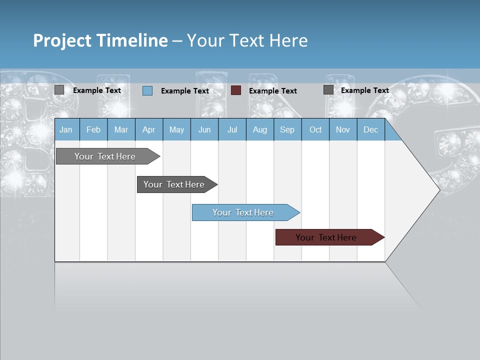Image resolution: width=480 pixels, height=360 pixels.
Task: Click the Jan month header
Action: (x=66, y=129)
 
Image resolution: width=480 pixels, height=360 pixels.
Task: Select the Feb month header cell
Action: (x=93, y=129)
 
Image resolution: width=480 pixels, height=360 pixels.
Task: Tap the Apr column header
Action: (x=149, y=129)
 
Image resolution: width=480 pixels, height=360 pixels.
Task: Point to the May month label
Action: (x=176, y=129)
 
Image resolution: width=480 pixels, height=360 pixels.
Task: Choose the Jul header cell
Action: (x=232, y=129)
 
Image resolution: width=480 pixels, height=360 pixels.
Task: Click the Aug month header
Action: (x=260, y=129)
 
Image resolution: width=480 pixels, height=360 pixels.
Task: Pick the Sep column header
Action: (x=287, y=129)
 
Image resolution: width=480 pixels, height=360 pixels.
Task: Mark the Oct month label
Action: (x=315, y=129)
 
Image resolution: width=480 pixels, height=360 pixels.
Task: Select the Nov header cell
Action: (x=343, y=129)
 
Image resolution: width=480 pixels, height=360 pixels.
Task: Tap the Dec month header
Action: (x=371, y=129)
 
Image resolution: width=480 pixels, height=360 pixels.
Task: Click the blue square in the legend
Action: (x=147, y=90)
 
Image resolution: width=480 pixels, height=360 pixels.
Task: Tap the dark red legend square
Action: (x=236, y=90)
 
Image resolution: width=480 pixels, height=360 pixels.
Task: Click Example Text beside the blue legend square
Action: (x=185, y=91)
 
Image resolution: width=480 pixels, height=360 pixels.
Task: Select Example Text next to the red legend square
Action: (x=273, y=91)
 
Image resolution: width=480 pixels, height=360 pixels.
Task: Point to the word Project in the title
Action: (x=61, y=40)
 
